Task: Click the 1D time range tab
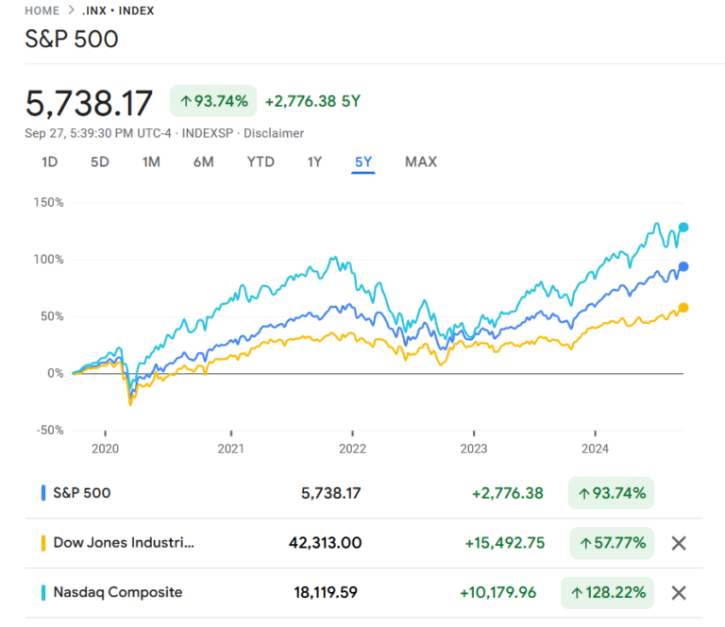point(50,161)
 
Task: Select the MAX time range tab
point(421,161)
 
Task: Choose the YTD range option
point(261,161)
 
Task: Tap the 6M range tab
point(203,161)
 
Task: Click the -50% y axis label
point(48,430)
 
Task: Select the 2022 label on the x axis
point(352,449)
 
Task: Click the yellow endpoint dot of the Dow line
point(683,307)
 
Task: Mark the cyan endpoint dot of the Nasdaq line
point(683,227)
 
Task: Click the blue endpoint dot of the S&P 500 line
point(683,266)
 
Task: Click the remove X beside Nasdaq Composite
point(678,593)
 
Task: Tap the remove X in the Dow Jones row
point(678,543)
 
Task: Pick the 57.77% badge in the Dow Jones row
point(612,543)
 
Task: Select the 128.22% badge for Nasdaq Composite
point(608,593)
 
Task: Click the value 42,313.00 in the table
point(325,543)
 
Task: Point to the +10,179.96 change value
point(497,593)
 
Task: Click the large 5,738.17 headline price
point(91,102)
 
